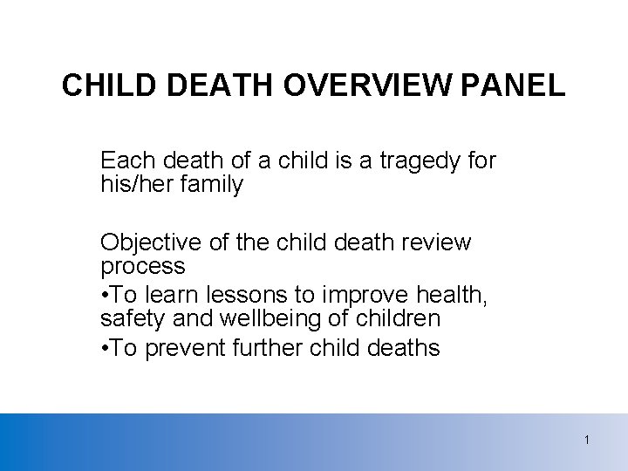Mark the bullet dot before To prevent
pos(105,349)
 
